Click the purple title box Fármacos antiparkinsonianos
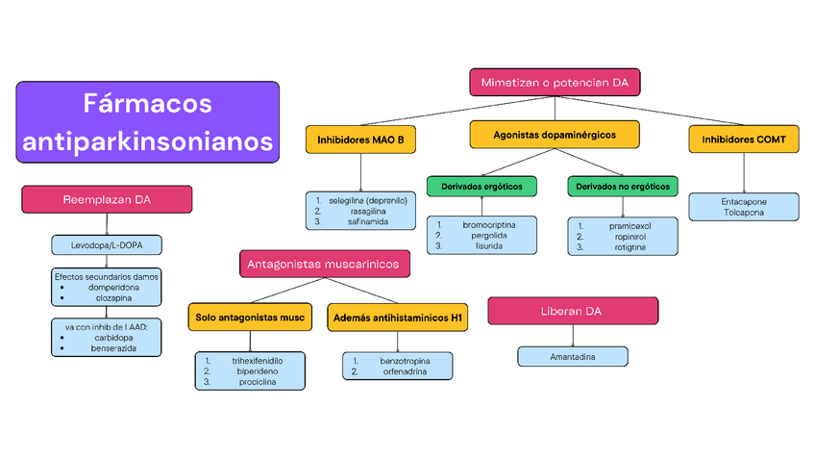148,121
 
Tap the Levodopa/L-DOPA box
107,245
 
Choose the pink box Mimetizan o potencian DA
555,83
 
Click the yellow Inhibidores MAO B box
360,140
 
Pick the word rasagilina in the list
368,211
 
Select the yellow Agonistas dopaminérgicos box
555,135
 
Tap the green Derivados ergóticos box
482,185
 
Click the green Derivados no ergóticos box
623,185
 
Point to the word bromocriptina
488,224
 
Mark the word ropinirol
630,236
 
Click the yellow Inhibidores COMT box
744,140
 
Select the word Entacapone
744,201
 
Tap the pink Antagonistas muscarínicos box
326,263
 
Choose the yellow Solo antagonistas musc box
250,317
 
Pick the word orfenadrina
405,370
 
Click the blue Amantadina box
573,356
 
